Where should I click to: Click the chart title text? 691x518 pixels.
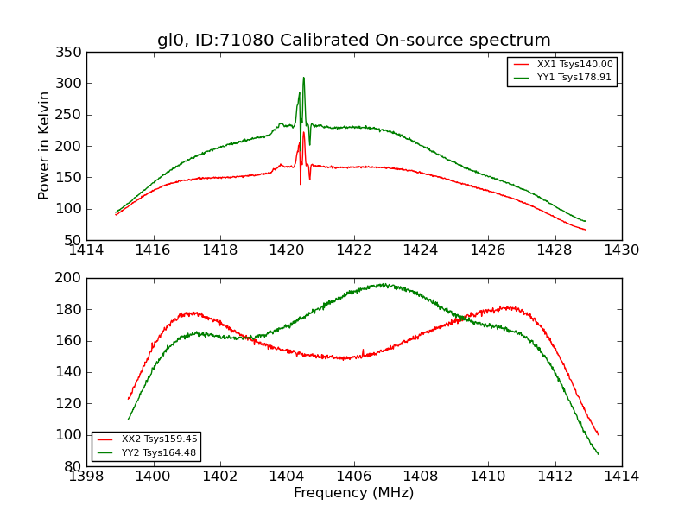click(353, 41)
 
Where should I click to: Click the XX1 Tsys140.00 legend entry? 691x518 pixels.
click(562, 65)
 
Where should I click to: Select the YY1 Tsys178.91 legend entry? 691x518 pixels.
click(562, 77)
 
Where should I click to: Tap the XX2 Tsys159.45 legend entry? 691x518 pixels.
click(146, 439)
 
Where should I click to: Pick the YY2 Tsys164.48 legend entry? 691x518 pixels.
click(146, 452)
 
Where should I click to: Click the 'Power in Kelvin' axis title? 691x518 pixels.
click(44, 146)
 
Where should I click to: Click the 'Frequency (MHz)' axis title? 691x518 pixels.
click(353, 493)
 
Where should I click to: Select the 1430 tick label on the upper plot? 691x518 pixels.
click(621, 250)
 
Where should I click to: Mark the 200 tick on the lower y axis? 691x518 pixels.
click(70, 278)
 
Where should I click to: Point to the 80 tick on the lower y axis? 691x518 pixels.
click(73, 466)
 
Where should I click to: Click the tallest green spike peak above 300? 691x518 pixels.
click(303, 78)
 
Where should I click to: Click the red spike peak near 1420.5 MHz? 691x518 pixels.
click(303, 132)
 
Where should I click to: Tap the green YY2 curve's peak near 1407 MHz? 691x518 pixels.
click(381, 284)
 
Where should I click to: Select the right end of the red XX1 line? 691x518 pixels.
click(585, 230)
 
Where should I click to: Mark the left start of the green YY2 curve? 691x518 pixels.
click(129, 420)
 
